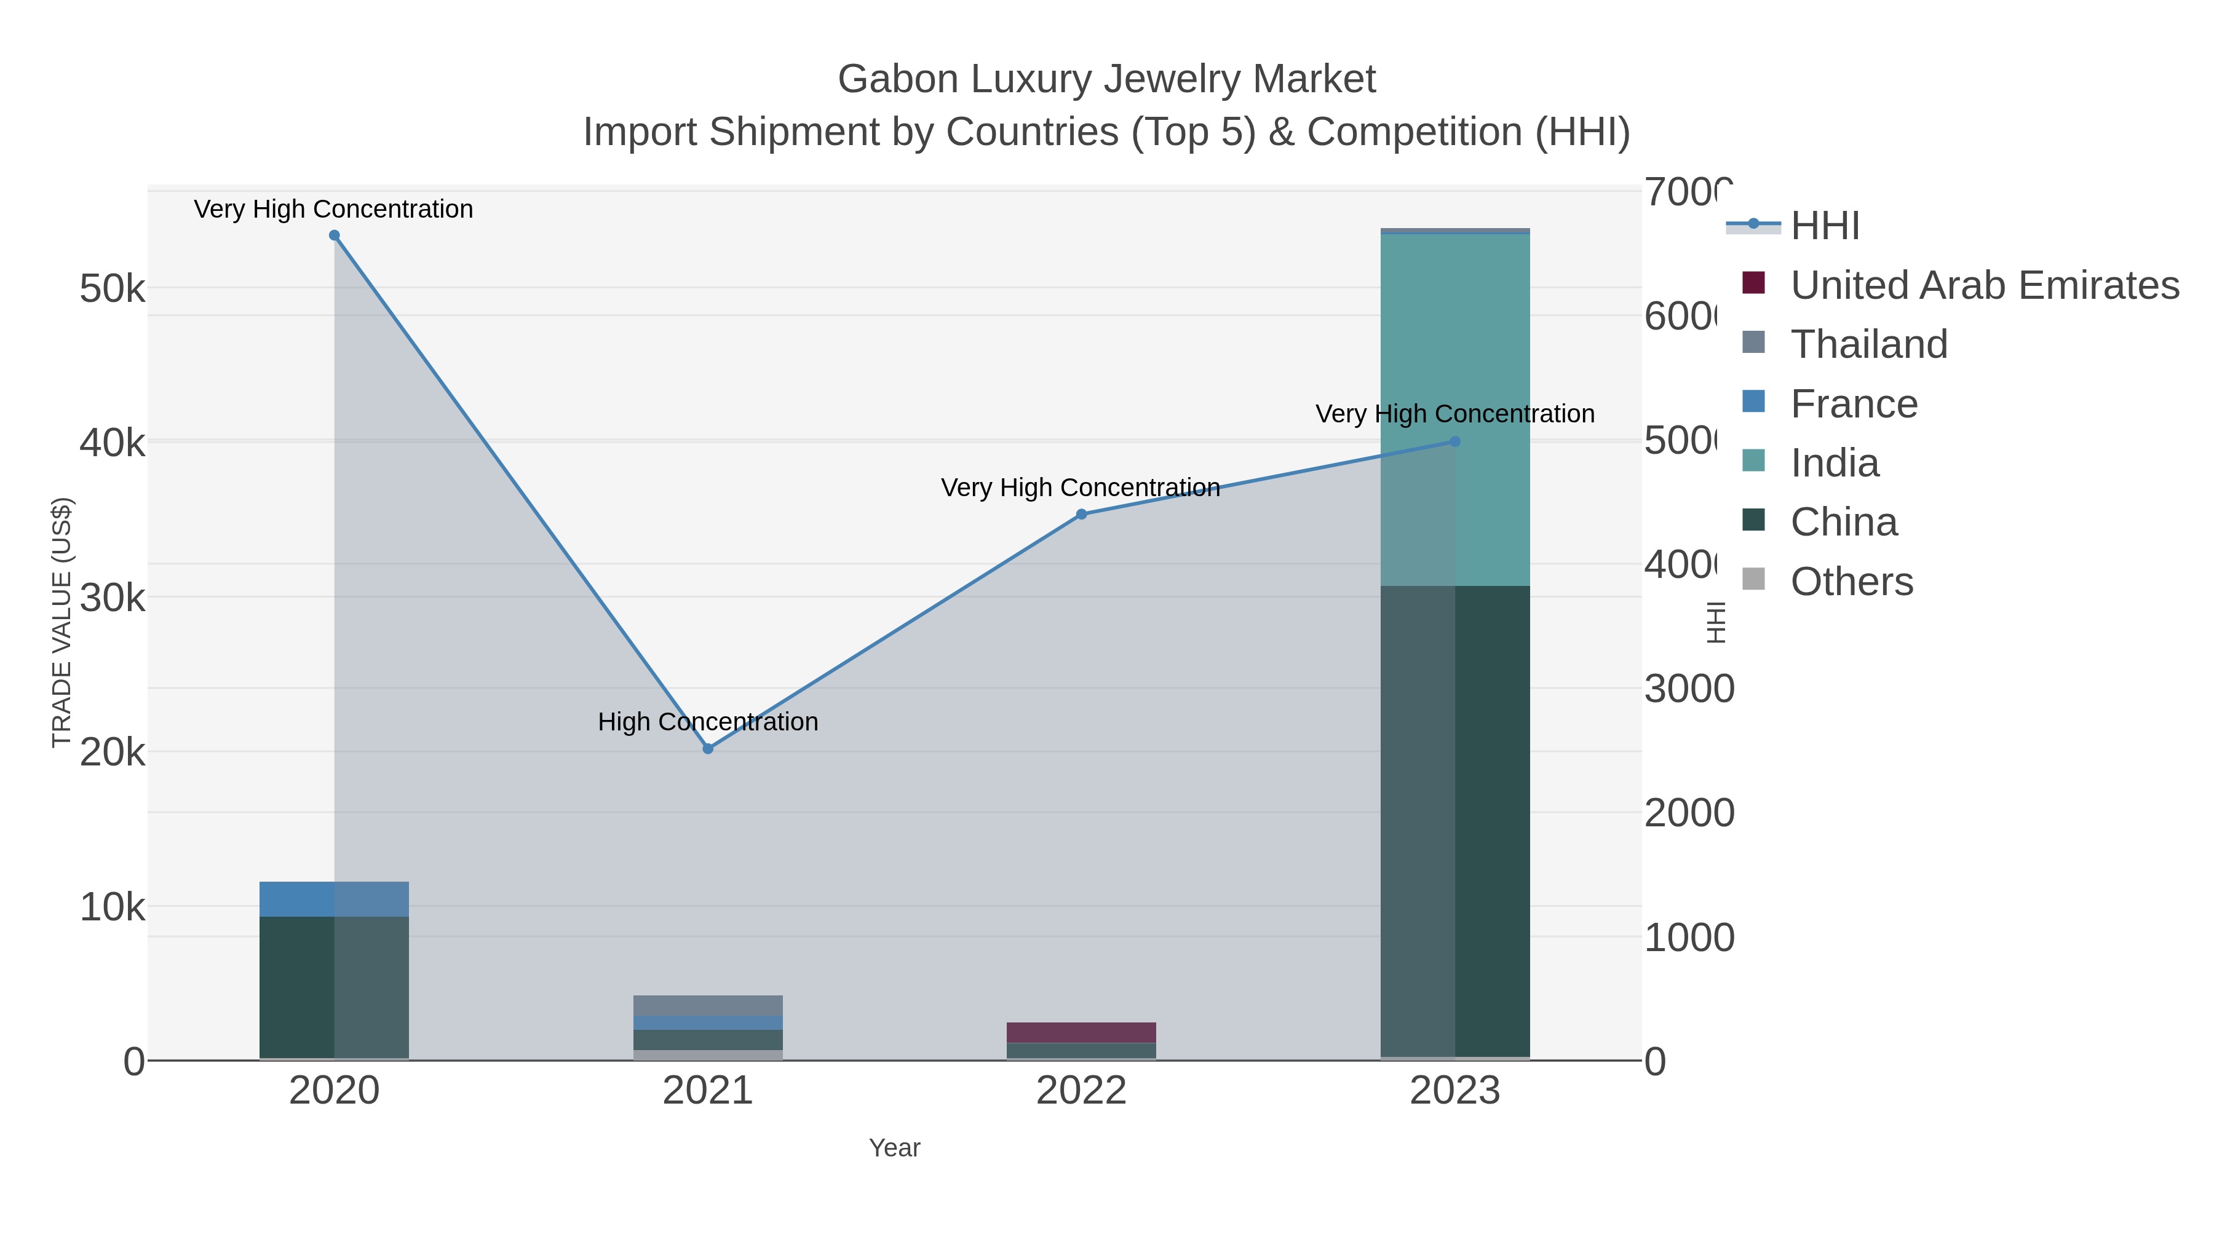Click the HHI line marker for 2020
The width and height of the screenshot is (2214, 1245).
tap(335, 235)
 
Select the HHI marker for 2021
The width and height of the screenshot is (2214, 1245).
tap(708, 748)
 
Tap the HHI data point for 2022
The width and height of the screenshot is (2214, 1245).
tap(1081, 515)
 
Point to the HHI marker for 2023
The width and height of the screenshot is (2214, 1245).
tap(1455, 441)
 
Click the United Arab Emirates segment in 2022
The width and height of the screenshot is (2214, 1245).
tap(1081, 1032)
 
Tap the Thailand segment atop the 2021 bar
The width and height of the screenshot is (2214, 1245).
tap(708, 1005)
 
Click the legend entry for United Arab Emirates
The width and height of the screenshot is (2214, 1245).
tap(1983, 285)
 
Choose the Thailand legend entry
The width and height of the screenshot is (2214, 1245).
tap(1868, 344)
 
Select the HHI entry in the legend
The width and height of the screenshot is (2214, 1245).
tap(1825, 226)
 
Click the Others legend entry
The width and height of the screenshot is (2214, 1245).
tap(1851, 582)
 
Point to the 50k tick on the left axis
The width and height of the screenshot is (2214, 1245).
tap(112, 289)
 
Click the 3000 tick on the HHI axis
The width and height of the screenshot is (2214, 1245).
tap(1688, 689)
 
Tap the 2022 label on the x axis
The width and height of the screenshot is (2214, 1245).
tap(1081, 1090)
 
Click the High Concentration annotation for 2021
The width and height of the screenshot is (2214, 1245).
tap(708, 722)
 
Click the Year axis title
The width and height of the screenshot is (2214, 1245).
tap(895, 1148)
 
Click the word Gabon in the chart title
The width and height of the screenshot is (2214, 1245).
tap(897, 79)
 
